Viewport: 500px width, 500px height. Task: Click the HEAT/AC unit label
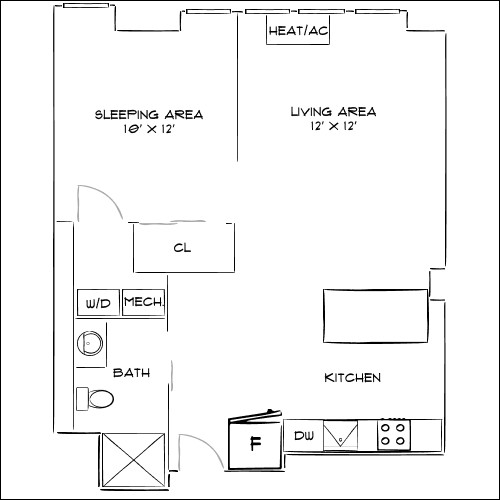click(x=298, y=31)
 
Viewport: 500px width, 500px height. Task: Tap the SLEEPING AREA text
click(x=149, y=114)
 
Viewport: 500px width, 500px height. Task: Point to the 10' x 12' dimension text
click(x=149, y=130)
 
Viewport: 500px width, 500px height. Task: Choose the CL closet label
click(x=181, y=248)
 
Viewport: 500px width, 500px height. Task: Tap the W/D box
click(x=97, y=303)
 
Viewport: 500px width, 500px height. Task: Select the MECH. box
click(x=143, y=302)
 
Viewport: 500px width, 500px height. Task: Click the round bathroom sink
click(x=90, y=343)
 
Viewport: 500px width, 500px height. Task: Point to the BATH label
click(x=131, y=373)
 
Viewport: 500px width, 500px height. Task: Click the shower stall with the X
click(x=131, y=461)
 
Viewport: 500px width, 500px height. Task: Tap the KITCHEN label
click(x=352, y=378)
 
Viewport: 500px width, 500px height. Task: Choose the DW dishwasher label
click(x=303, y=436)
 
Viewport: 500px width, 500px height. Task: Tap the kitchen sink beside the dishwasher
click(x=342, y=436)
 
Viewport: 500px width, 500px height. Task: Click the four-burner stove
click(x=393, y=435)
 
